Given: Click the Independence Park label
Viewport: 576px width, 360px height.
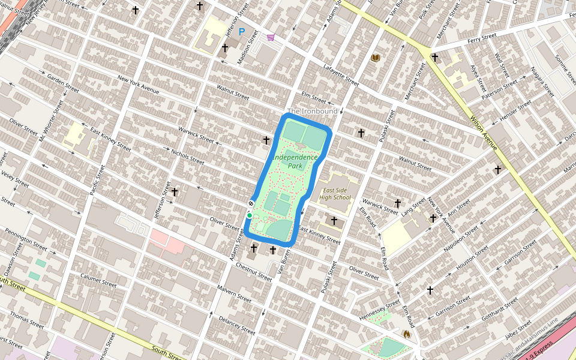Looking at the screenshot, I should pos(295,161).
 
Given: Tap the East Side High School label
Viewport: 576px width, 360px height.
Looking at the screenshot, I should pos(335,194).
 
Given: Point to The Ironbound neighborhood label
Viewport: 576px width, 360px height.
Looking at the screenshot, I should pos(312,111).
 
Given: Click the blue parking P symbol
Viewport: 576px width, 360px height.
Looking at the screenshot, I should pos(242,32).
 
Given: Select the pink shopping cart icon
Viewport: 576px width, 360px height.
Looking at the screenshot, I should pos(271,37).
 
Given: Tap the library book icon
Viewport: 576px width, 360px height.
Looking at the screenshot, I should pos(376,58).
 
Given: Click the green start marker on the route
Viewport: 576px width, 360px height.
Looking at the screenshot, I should pos(249,215).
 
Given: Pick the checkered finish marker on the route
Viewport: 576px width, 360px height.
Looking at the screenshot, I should pos(251,205).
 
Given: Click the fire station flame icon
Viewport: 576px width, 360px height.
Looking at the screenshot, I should pos(407,334).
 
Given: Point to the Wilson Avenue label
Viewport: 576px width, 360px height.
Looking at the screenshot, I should pos(484,132).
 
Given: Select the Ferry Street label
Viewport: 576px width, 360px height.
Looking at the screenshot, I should pos(482,37).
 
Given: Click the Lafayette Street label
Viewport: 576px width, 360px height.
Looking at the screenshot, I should pos(340,74).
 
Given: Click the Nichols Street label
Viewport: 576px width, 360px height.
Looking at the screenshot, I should pos(187,157).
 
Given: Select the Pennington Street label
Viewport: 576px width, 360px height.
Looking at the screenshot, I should pos(25,239).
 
